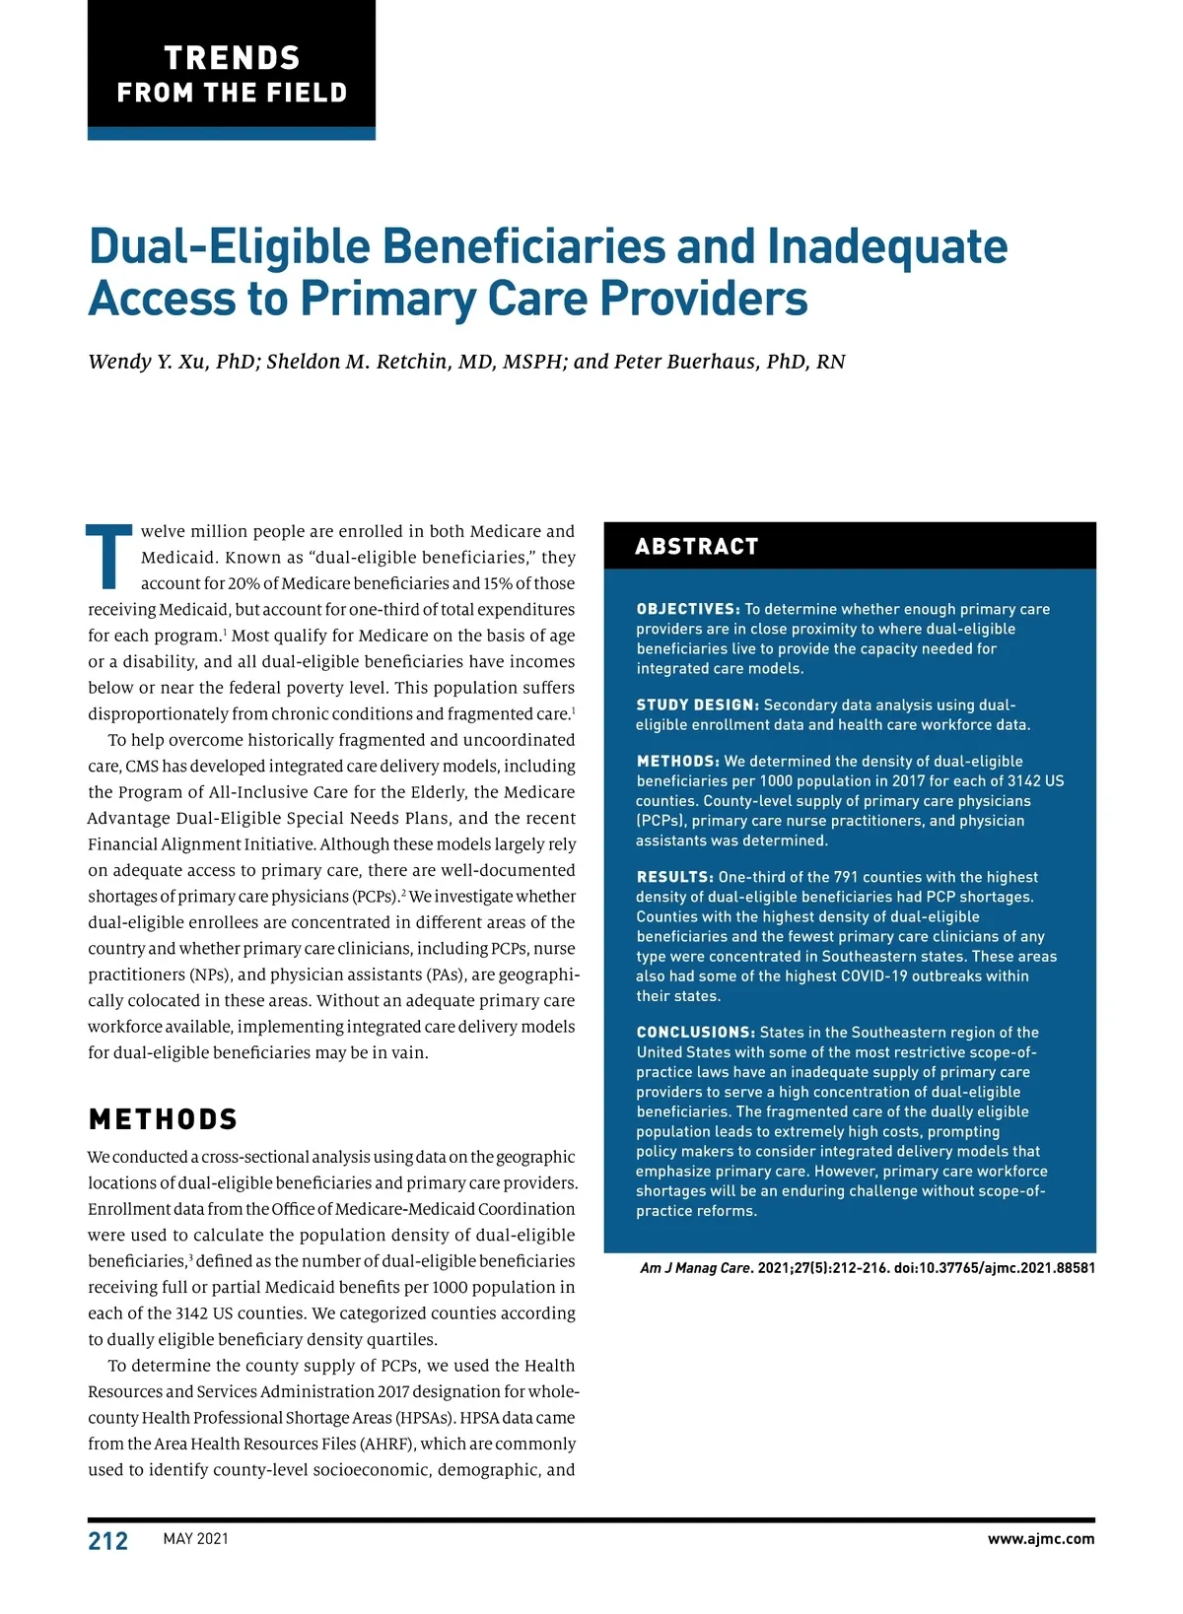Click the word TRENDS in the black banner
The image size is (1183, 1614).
point(232,58)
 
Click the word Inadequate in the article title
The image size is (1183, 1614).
point(886,246)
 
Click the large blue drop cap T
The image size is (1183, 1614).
point(109,557)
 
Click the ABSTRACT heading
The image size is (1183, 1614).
point(697,547)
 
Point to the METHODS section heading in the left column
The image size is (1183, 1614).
point(164,1119)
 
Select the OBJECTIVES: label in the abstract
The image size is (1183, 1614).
point(688,609)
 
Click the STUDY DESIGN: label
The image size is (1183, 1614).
point(698,705)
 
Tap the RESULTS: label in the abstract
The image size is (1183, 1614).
point(674,877)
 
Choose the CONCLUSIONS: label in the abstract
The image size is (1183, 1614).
point(695,1033)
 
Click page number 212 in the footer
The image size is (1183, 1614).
point(108,1541)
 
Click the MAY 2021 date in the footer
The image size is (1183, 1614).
point(196,1539)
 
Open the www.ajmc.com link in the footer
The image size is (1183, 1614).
point(1041,1539)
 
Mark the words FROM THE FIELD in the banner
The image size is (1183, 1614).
point(232,93)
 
